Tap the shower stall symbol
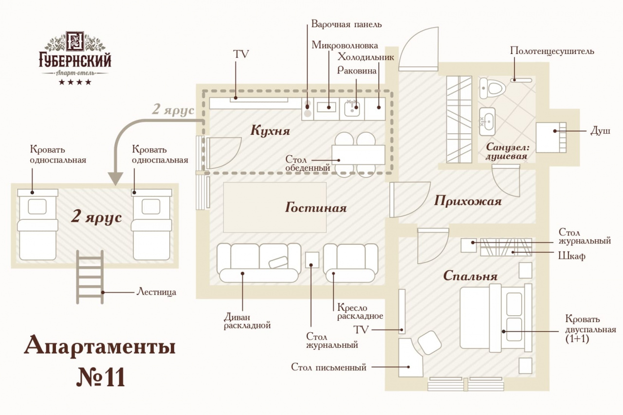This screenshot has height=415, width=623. coord(551,137)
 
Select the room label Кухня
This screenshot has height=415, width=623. coord(270,130)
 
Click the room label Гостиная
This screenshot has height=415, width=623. coord(316,207)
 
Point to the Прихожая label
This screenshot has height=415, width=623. coord(468,201)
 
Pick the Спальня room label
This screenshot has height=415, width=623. coord(470,276)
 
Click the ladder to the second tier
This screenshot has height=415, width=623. coord(90,277)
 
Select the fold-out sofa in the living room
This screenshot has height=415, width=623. coord(258,263)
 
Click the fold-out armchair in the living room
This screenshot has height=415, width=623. coord(350,263)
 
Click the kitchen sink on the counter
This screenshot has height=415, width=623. coord(352,108)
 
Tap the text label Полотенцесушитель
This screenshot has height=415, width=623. coord(552,51)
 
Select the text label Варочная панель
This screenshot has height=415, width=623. coord(346,24)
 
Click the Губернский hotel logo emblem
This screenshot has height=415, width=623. coord(75,41)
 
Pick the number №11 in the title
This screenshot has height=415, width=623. coord(101,377)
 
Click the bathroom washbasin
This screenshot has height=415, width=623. coord(487,122)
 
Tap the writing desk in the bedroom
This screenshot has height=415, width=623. coord(410,358)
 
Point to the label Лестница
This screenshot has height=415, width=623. coord(156,292)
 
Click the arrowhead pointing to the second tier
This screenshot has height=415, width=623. coord(115,179)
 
